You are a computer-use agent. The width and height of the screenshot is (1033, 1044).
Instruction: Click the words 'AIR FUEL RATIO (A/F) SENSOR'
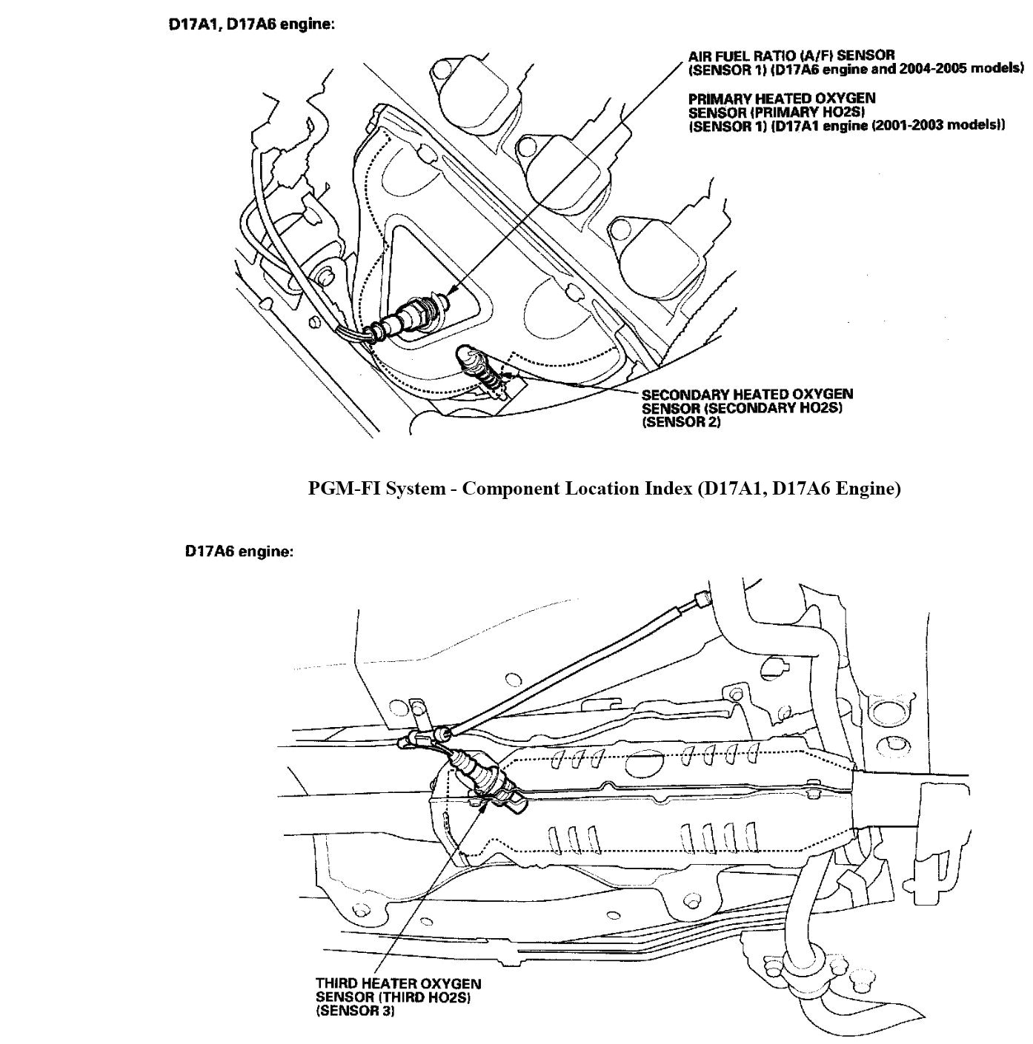click(x=791, y=56)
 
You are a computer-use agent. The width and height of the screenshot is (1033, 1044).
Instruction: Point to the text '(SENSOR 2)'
click(x=680, y=422)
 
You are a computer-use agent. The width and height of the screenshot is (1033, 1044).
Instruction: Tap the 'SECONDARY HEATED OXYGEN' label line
click(x=746, y=395)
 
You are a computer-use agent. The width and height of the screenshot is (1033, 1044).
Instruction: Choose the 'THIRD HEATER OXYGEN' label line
click(x=398, y=983)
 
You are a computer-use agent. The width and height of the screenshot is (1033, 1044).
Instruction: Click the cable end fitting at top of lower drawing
click(x=697, y=602)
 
